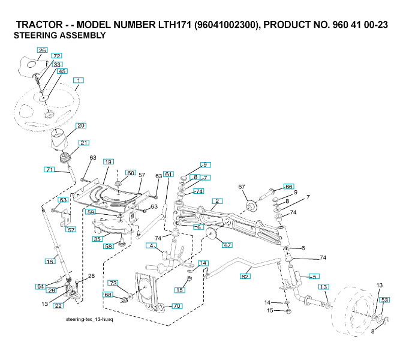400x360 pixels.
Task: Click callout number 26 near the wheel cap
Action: (x=42, y=50)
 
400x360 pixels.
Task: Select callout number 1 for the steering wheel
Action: (x=79, y=80)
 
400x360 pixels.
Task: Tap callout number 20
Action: (x=80, y=126)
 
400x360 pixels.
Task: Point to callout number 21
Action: (x=84, y=143)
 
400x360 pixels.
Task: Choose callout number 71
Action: (x=49, y=170)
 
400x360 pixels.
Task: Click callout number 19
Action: (x=108, y=162)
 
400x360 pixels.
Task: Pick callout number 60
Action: (x=130, y=173)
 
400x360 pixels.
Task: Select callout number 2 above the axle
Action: (x=217, y=200)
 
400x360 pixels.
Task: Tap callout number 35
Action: (x=97, y=239)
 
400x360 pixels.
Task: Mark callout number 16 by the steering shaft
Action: (x=50, y=262)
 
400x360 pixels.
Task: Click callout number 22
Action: (x=58, y=305)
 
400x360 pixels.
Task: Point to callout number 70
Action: (x=177, y=306)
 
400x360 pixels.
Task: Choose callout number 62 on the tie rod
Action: (x=245, y=277)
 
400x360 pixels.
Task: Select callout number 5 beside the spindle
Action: (x=313, y=276)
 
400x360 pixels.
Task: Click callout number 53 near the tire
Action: (x=384, y=299)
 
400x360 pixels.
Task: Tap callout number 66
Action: (x=288, y=187)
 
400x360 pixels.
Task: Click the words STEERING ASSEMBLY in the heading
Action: (x=59, y=35)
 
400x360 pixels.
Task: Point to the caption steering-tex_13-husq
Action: (x=89, y=320)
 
